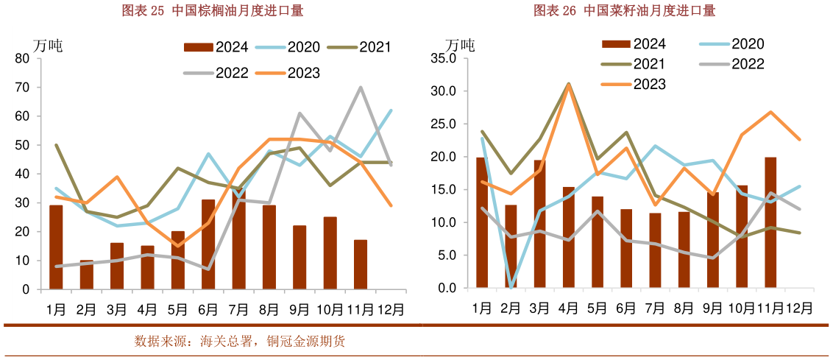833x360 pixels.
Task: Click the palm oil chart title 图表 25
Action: [213, 10]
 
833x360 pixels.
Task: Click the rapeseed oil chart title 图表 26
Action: [625, 10]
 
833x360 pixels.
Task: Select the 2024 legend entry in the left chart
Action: [216, 47]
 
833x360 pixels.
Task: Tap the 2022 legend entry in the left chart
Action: [216, 72]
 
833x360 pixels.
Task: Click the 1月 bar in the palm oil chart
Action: [56, 247]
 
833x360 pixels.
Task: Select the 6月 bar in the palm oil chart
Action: [208, 244]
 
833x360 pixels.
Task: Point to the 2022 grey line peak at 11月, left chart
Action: [360, 88]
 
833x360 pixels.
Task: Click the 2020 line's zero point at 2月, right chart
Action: [511, 287]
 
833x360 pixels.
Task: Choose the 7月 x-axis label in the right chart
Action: [655, 308]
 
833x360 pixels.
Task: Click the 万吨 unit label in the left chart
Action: [49, 44]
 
